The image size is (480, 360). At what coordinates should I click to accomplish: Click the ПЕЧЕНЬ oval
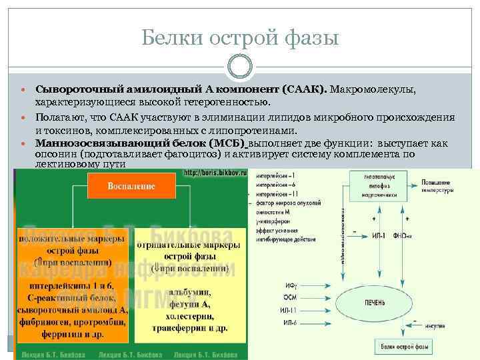tap(374, 302)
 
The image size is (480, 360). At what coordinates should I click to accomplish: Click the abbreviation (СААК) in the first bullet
tap(304, 89)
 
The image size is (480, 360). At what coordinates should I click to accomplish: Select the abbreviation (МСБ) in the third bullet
tap(227, 143)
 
